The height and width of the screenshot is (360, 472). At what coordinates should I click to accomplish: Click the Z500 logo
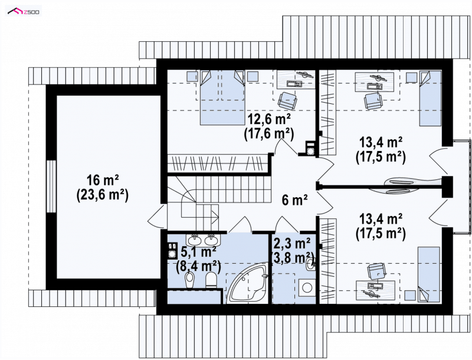pyautogui.click(x=24, y=12)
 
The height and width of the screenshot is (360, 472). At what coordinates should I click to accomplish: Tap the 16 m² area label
pyautogui.click(x=102, y=181)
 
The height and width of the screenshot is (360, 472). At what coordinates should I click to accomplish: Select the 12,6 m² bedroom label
pyautogui.click(x=269, y=119)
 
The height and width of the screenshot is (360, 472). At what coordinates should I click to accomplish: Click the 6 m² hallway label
pyautogui.click(x=294, y=200)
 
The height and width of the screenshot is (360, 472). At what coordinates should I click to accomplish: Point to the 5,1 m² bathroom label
pyautogui.click(x=199, y=251)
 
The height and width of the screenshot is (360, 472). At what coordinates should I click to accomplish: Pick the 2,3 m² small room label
pyautogui.click(x=291, y=243)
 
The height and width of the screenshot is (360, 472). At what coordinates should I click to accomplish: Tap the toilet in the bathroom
pyautogui.click(x=211, y=280)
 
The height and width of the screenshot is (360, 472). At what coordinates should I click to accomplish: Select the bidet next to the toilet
pyautogui.click(x=189, y=280)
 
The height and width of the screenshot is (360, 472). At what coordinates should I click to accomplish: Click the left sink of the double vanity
pyautogui.click(x=194, y=240)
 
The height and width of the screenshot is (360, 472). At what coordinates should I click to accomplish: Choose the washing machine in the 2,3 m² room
pyautogui.click(x=306, y=287)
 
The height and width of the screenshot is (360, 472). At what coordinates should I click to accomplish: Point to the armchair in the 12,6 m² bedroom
pyautogui.click(x=287, y=100)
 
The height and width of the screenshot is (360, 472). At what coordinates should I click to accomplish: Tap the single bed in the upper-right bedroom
pyautogui.click(x=431, y=98)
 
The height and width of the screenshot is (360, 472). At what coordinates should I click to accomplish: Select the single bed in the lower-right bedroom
pyautogui.click(x=428, y=274)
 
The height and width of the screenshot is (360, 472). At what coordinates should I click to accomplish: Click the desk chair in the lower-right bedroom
pyautogui.click(x=376, y=271)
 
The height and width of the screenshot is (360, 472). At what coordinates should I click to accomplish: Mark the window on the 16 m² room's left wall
pyautogui.click(x=51, y=186)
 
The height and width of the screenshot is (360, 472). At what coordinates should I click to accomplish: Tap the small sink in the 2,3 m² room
pyautogui.click(x=310, y=265)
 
